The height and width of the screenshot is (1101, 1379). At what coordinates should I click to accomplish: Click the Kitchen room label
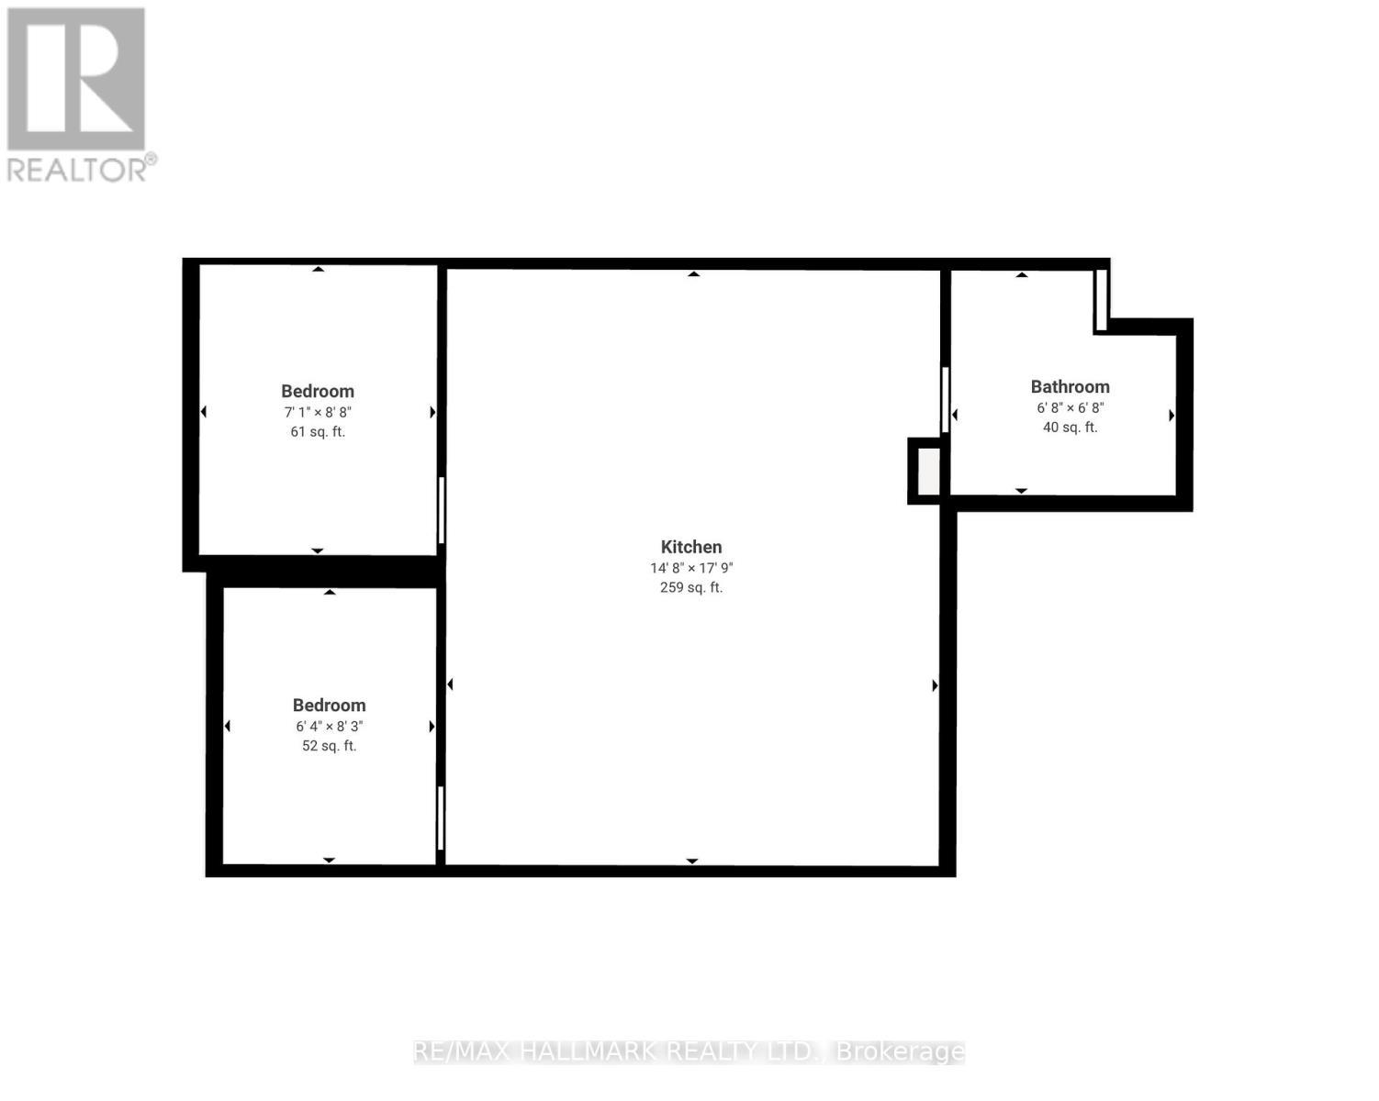(691, 547)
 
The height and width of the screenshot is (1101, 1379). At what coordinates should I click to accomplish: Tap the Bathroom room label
(1070, 387)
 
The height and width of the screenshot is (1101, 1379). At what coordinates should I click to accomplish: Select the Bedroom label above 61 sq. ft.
(318, 391)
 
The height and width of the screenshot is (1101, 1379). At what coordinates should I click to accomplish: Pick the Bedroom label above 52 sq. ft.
(329, 706)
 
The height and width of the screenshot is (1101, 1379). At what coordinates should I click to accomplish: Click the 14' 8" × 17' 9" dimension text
(691, 568)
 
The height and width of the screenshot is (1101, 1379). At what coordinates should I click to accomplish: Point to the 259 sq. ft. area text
(691, 587)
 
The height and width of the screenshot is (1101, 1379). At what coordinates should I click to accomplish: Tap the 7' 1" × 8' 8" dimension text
(318, 413)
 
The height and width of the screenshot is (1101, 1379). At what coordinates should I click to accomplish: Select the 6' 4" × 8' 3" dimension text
(329, 727)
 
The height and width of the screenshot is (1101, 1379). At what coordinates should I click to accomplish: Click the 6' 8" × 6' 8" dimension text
(1070, 408)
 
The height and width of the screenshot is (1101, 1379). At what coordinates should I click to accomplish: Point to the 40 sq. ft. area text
(1070, 428)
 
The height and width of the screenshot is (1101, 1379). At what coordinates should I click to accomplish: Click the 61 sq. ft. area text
(318, 432)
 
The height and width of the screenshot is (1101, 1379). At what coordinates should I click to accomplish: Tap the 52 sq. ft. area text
(329, 746)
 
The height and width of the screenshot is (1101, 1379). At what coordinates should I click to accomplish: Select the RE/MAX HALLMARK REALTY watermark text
(689, 1051)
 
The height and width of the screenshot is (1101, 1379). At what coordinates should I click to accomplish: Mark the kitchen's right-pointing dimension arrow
(935, 685)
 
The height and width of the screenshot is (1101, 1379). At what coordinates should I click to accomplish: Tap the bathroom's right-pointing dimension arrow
(1172, 416)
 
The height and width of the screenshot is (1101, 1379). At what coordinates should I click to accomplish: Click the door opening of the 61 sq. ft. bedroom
(442, 510)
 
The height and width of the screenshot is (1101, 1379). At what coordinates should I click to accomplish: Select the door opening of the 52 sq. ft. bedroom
(441, 817)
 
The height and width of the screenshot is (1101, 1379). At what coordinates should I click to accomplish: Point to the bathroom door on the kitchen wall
(945, 399)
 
